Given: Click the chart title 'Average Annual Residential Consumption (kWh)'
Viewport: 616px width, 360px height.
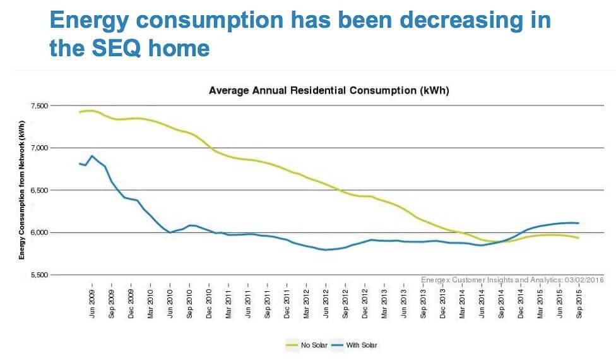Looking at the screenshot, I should point(329,91).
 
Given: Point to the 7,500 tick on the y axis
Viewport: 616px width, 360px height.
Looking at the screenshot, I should point(57,105).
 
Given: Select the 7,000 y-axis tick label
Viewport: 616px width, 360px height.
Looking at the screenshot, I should point(57,148).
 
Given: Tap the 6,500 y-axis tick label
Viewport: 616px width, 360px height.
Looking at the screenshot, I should point(57,190).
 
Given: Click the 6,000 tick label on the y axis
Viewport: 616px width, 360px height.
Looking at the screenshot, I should point(57,232).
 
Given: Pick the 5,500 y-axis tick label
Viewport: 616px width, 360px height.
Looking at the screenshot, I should point(57,275).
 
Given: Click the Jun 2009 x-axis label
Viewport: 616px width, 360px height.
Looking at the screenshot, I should point(92,304).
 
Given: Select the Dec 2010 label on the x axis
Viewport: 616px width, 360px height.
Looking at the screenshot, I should point(209,304).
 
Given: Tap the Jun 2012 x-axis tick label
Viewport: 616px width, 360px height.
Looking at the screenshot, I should point(326,304).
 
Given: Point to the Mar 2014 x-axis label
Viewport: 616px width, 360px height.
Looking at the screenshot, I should point(462,304).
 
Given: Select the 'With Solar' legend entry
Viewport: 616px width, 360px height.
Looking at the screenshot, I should point(357,345).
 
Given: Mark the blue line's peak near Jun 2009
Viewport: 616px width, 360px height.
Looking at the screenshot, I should point(92,155).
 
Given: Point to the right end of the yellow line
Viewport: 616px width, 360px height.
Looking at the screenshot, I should point(579,237).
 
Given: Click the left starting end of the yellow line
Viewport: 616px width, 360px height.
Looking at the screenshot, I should point(80,112).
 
